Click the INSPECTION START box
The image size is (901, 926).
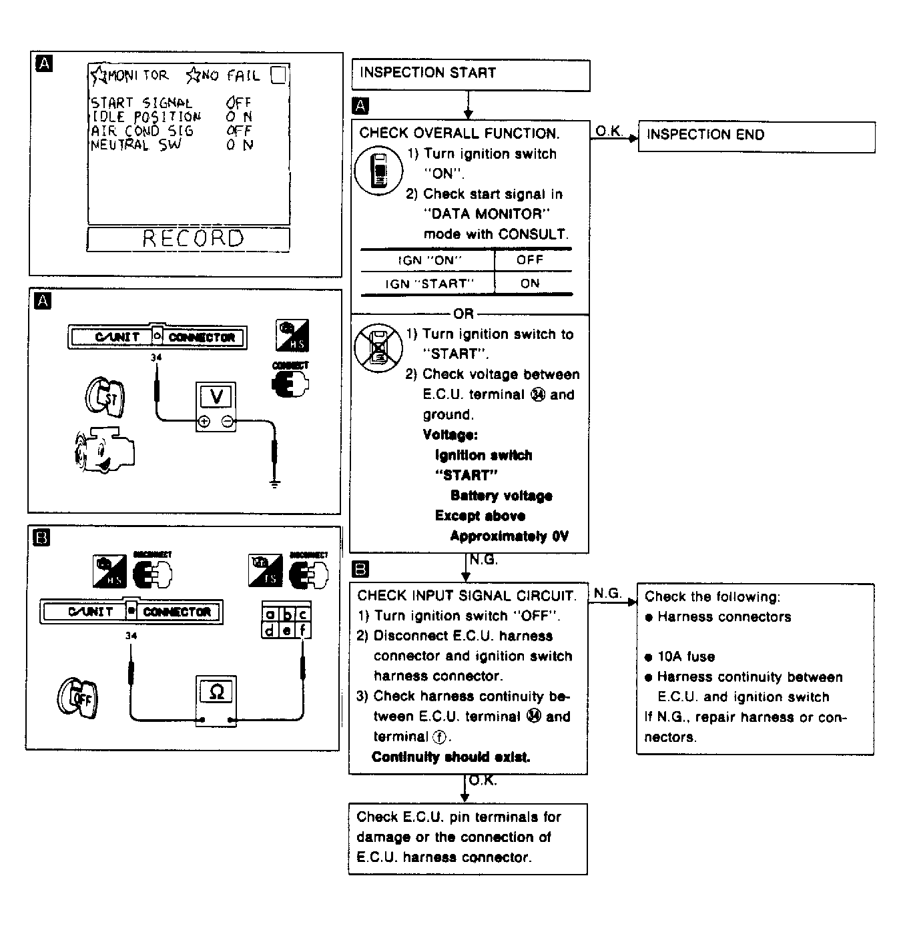(x=470, y=74)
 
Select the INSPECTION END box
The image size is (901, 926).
(x=756, y=136)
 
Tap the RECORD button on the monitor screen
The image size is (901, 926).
(x=189, y=239)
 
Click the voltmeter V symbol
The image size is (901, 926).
(x=216, y=397)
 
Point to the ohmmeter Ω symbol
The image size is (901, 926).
(x=216, y=691)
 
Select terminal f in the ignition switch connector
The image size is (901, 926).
(x=302, y=630)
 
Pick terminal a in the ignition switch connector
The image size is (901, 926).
(x=270, y=614)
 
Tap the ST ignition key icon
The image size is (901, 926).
(x=105, y=398)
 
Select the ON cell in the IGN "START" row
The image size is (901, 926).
(x=530, y=284)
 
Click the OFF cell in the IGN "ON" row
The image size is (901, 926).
(x=530, y=260)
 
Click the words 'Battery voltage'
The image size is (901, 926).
(x=501, y=496)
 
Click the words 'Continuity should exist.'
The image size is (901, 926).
(x=450, y=757)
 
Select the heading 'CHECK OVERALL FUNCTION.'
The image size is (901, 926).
(x=459, y=133)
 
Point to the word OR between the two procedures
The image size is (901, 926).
(x=463, y=314)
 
